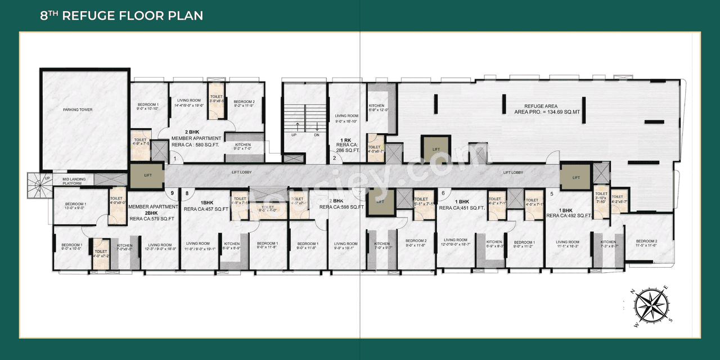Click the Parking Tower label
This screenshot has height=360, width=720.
78,110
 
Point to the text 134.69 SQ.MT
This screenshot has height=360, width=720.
565,112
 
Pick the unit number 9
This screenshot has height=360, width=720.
172,193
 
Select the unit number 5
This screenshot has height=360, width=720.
551,194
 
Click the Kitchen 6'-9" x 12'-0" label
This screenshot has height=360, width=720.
376,108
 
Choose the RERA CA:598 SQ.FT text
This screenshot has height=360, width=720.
342,207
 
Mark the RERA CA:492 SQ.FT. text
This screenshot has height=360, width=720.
569,215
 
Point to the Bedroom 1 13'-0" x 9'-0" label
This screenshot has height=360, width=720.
75,206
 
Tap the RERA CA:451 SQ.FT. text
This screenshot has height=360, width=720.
462,208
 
